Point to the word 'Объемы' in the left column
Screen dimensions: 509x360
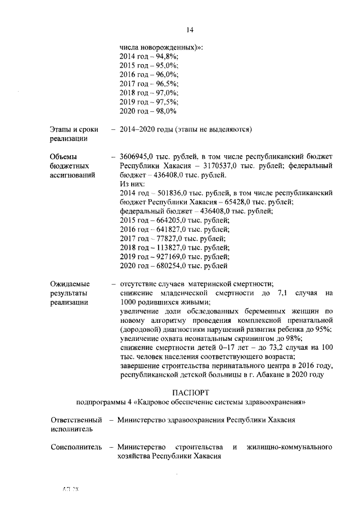[64, 156]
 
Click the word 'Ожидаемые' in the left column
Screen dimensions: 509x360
[70, 284]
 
